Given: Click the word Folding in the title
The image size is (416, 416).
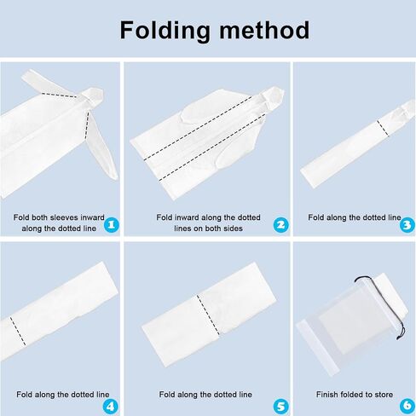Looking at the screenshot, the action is coord(165,31).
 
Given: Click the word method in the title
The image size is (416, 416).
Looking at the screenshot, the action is coord(264,30).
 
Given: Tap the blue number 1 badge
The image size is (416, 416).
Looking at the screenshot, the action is coord(112,225).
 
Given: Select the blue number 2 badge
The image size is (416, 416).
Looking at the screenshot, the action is coord(280,225).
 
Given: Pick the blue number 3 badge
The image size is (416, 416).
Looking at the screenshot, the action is coord(407,225).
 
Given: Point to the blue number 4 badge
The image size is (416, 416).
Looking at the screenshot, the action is coord(110,407).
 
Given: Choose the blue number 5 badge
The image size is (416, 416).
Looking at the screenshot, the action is coord(280,407).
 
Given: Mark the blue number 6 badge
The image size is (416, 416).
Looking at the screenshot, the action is coord(407,406).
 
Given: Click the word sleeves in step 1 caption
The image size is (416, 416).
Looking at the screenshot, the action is coord(62,217).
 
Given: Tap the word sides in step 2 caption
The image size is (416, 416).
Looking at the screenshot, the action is coord(233,228).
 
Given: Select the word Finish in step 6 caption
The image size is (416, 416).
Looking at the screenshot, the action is coord(326,395).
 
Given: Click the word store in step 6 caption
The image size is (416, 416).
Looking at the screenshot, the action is coord(384,395).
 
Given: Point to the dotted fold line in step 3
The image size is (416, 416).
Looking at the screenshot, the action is coord(383,129).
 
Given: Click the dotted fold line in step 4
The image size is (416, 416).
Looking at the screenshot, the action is coord(18,332).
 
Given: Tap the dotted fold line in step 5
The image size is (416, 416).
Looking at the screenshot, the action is coord(208,315).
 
